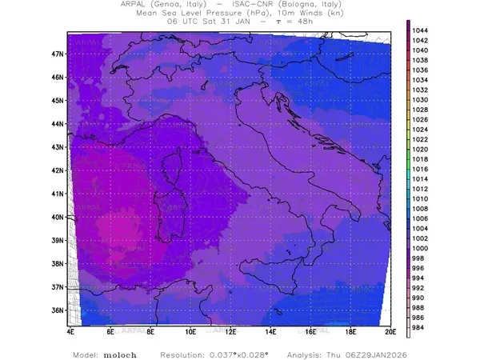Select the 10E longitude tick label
190,330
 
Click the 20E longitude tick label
390,330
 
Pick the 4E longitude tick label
70,330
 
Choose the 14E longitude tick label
270,330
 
